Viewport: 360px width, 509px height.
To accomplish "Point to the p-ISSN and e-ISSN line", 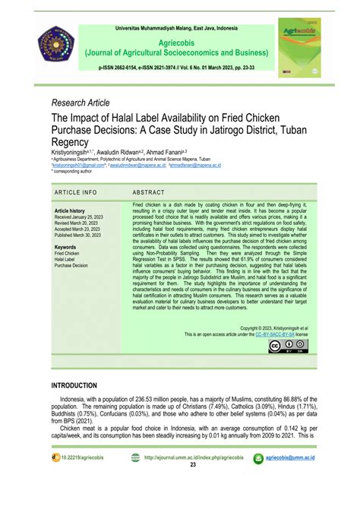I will (179, 67).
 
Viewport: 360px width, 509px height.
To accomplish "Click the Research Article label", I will (81, 102).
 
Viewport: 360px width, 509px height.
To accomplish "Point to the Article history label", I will (69, 210).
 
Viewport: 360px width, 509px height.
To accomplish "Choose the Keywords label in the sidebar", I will (65, 247).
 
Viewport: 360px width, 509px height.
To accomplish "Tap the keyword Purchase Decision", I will (71, 266).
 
